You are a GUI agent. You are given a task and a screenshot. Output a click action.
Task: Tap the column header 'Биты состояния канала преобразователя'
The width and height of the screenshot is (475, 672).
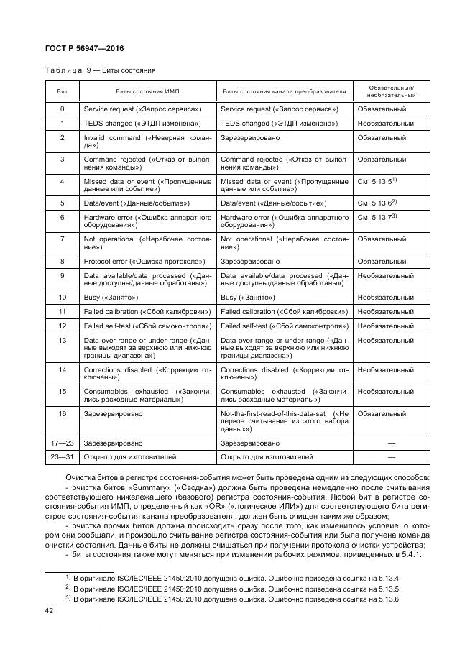pyautogui.click(x=285, y=92)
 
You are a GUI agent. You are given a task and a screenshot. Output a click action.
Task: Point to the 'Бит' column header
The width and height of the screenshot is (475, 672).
pyautogui.click(x=63, y=92)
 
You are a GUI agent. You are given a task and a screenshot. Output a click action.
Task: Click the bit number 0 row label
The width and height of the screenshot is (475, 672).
pyautogui.click(x=63, y=109)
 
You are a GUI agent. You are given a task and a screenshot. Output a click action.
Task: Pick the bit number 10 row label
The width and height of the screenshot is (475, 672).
pyautogui.click(x=63, y=297)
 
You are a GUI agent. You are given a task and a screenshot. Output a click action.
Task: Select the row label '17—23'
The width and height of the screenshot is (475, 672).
pyautogui.click(x=63, y=443)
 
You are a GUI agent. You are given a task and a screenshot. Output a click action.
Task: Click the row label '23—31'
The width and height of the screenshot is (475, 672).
pyautogui.click(x=63, y=456)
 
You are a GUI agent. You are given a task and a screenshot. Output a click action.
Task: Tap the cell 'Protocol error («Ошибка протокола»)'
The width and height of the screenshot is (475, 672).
pyautogui.click(x=144, y=261)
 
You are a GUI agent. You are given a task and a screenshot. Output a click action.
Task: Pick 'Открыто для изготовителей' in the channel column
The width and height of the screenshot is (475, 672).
pyautogui.click(x=267, y=456)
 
